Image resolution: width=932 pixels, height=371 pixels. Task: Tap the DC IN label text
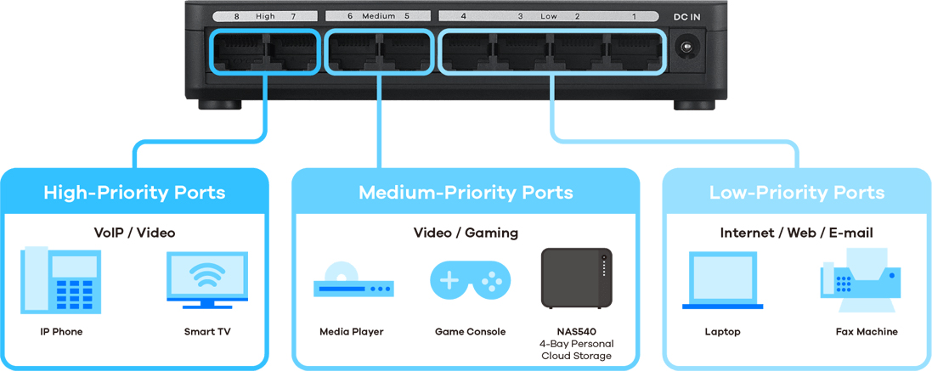pyautogui.click(x=686, y=17)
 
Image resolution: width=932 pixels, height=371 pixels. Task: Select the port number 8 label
pyautogui.click(x=236, y=17)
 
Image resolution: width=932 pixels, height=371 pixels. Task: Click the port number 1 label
pyautogui.click(x=634, y=17)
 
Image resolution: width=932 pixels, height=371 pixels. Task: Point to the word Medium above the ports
pyautogui.click(x=379, y=17)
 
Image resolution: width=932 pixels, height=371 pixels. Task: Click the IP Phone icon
pyautogui.click(x=60, y=280)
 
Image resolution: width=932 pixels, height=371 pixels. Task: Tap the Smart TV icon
pyautogui.click(x=207, y=280)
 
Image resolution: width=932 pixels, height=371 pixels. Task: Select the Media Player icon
pyautogui.click(x=353, y=279)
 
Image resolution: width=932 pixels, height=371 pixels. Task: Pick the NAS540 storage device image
pyautogui.click(x=576, y=278)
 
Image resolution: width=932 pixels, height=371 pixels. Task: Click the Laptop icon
pyautogui.click(x=722, y=280)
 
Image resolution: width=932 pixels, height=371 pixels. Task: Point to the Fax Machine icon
pyautogui.click(x=860, y=280)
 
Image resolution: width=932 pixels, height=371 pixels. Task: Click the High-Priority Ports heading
pyautogui.click(x=134, y=193)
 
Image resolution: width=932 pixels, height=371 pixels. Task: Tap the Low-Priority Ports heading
pyautogui.click(x=797, y=193)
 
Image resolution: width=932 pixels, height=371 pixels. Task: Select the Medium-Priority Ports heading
pyautogui.click(x=466, y=193)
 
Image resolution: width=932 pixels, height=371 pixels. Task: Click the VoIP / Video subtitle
pyautogui.click(x=134, y=233)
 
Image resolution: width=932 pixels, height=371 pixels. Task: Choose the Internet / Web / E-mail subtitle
pyautogui.click(x=796, y=233)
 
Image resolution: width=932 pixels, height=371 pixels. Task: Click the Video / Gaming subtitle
pyautogui.click(x=466, y=233)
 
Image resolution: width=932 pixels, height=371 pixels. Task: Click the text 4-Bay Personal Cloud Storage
pyautogui.click(x=576, y=350)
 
